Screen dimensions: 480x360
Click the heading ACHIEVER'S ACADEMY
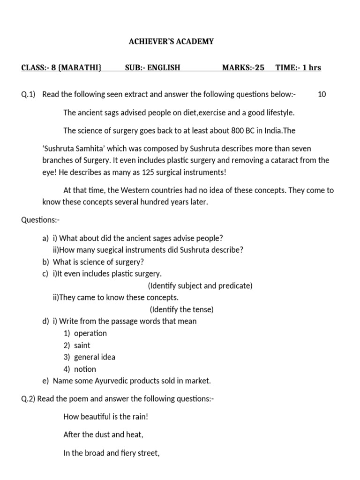[x=171, y=42]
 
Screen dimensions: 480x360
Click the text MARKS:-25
[x=243, y=67]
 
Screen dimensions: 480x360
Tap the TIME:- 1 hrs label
[x=298, y=67]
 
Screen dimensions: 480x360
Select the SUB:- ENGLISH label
[x=152, y=67]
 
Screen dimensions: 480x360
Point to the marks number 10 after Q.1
[x=322, y=94]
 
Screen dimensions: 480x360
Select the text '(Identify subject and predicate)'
[x=200, y=285]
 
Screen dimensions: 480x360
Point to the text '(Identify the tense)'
[x=181, y=309]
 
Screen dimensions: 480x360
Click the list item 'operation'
[x=90, y=333]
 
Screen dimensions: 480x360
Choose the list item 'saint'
[x=82, y=345]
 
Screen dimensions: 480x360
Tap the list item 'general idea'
[x=95, y=357]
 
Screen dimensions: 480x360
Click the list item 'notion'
[x=85, y=369]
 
